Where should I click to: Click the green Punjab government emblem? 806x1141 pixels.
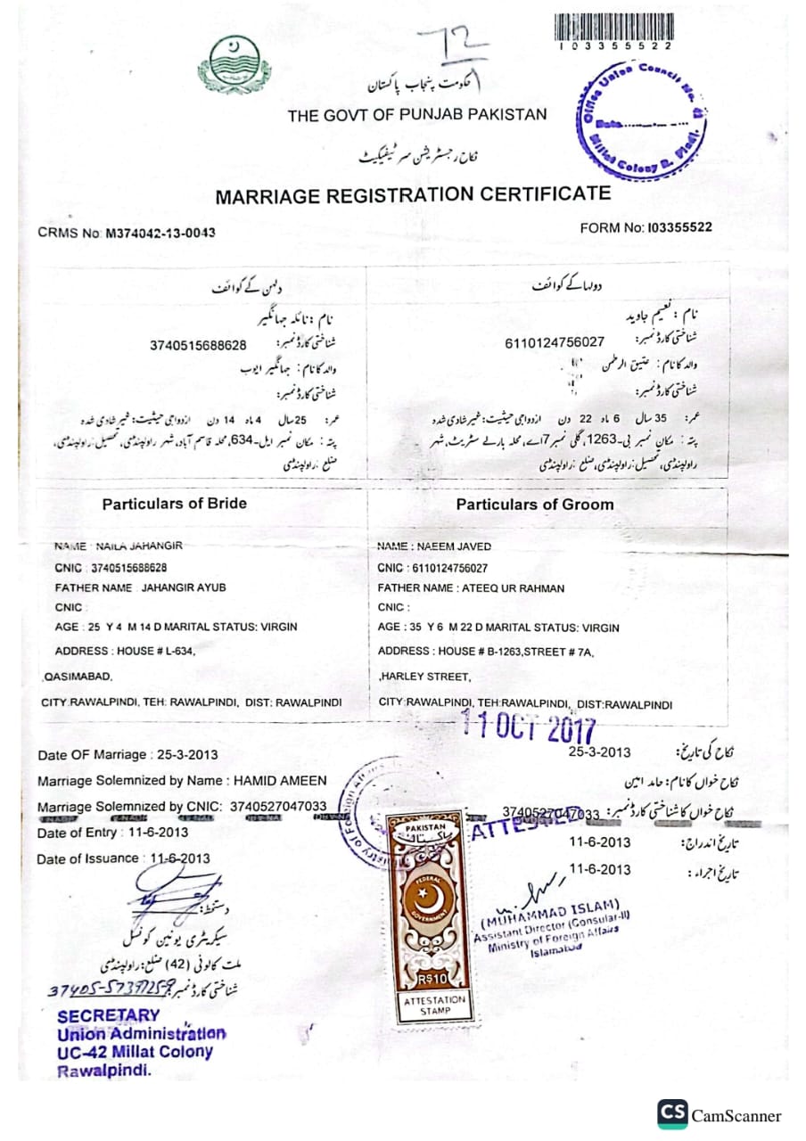[x=230, y=60]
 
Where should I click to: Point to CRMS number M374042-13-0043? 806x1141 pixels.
[x=160, y=234]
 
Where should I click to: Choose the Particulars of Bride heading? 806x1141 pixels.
[x=174, y=504]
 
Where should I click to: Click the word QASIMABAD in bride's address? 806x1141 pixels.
[x=78, y=677]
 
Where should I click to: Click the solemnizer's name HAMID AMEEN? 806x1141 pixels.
[x=280, y=780]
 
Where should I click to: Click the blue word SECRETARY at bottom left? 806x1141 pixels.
[x=109, y=1015]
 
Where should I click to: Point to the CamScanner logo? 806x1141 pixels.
[x=720, y=1114]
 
